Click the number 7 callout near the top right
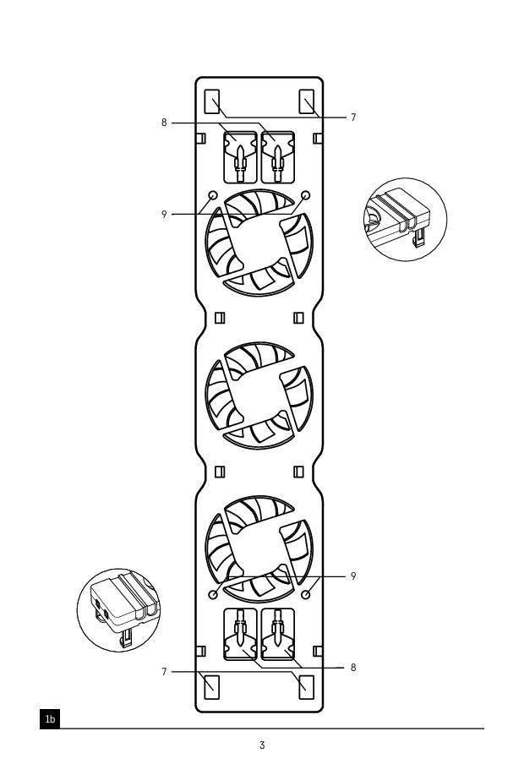[x=353, y=117]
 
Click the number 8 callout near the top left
[x=164, y=123]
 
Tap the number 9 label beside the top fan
[x=164, y=215]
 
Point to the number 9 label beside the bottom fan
[x=353, y=576]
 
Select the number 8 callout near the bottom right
[x=353, y=668]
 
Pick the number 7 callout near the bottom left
[x=164, y=672]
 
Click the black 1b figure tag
[x=50, y=718]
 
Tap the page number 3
[x=262, y=745]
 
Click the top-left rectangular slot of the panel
[x=212, y=101]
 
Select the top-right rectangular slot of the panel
[x=307, y=101]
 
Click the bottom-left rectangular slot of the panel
[x=212, y=687]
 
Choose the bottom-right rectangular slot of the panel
[x=307, y=687]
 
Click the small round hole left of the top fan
[x=213, y=195]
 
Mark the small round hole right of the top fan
[x=306, y=195]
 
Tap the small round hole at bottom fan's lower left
[x=213, y=594]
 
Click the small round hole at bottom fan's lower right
[x=307, y=594]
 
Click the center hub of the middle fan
[x=259, y=396]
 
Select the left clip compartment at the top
[x=240, y=157]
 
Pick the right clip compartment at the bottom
[x=278, y=634]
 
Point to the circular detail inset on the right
[x=405, y=220]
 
